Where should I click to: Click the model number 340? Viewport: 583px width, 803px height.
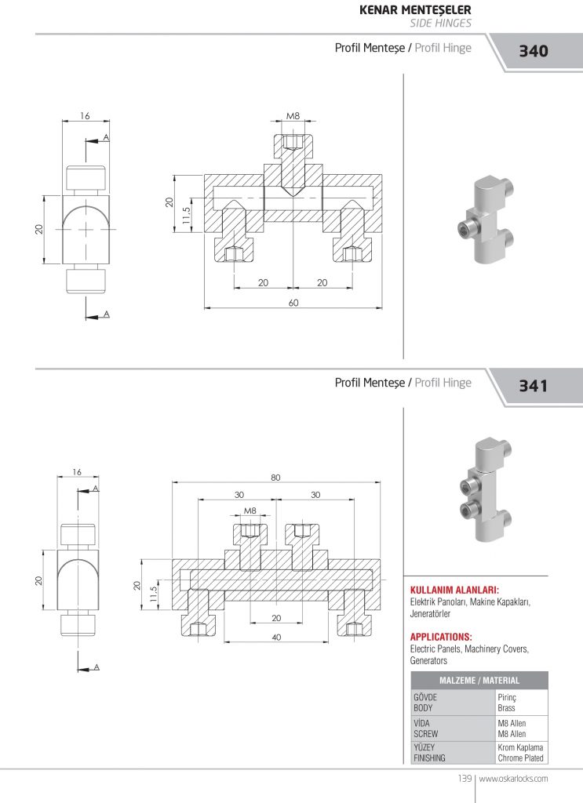pyautogui.click(x=533, y=52)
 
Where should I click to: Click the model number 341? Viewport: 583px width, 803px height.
pyautogui.click(x=533, y=386)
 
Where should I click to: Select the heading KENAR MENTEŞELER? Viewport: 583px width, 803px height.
pyautogui.click(x=414, y=10)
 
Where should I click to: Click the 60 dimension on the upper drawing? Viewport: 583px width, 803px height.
pyautogui.click(x=293, y=303)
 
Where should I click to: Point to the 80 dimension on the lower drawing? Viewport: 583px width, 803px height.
pyautogui.click(x=276, y=477)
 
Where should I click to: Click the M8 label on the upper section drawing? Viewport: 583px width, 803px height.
pyautogui.click(x=293, y=116)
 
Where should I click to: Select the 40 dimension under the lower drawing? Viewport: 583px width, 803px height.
pyautogui.click(x=276, y=637)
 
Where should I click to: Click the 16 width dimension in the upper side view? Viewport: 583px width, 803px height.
pyautogui.click(x=85, y=116)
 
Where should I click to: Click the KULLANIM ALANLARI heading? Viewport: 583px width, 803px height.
pyautogui.click(x=455, y=590)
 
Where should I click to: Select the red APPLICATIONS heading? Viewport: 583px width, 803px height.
pyautogui.click(x=441, y=637)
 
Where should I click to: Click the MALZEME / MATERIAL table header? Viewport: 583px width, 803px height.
pyautogui.click(x=479, y=681)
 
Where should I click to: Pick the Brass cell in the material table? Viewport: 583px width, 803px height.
pyautogui.click(x=507, y=707)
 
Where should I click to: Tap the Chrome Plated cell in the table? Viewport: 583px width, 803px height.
pyautogui.click(x=520, y=758)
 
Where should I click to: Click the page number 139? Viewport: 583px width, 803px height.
pyautogui.click(x=463, y=779)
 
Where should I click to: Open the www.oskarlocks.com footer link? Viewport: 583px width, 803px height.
pyautogui.click(x=513, y=779)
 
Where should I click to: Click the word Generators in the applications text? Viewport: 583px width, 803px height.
pyautogui.click(x=428, y=661)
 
